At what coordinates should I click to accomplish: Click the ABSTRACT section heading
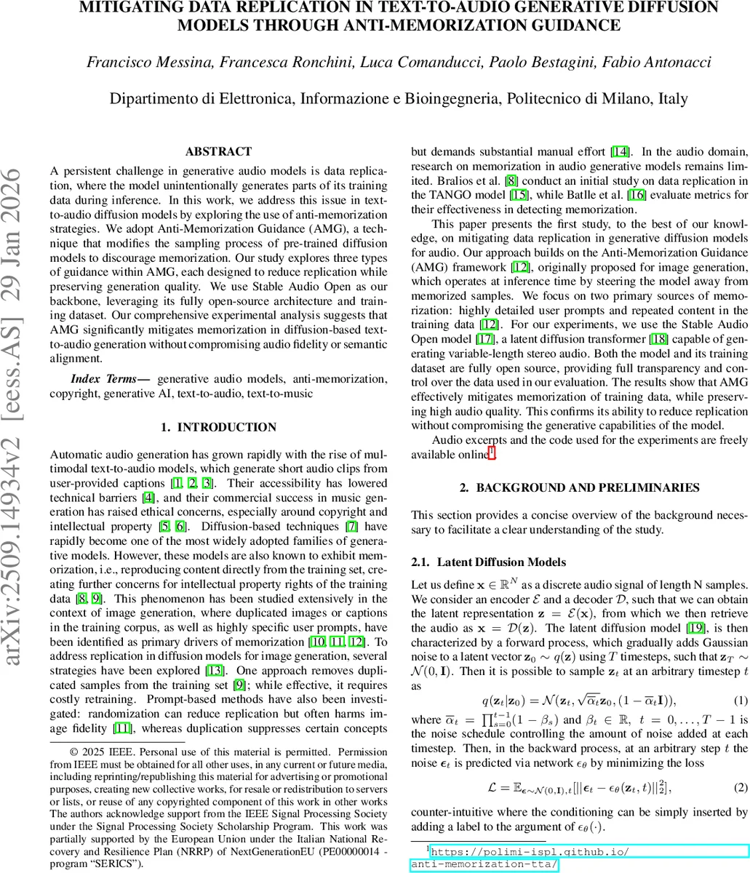pyautogui.click(x=218, y=152)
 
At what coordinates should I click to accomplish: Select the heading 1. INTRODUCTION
pyautogui.click(x=218, y=427)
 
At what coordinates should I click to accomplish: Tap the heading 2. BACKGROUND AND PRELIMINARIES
pyautogui.click(x=580, y=487)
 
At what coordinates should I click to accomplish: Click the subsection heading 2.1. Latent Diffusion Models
pyautogui.click(x=488, y=562)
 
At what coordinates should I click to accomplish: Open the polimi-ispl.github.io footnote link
pyautogui.click(x=530, y=851)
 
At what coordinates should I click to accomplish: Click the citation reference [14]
pyautogui.click(x=620, y=152)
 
